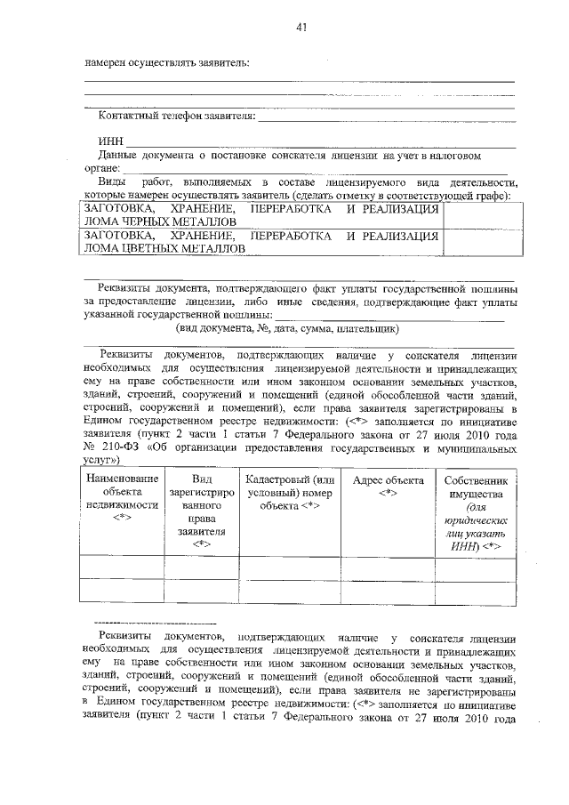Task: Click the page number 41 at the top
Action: point(301,28)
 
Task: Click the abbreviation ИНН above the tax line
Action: point(110,141)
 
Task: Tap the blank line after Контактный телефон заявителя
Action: point(386,117)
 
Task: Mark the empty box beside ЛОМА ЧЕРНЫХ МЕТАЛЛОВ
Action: point(478,214)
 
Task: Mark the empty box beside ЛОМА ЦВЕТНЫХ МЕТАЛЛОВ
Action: point(478,243)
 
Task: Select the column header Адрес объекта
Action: point(388,487)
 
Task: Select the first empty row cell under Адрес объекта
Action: point(388,567)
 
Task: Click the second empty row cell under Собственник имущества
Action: point(474,591)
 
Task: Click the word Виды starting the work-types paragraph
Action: point(112,181)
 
